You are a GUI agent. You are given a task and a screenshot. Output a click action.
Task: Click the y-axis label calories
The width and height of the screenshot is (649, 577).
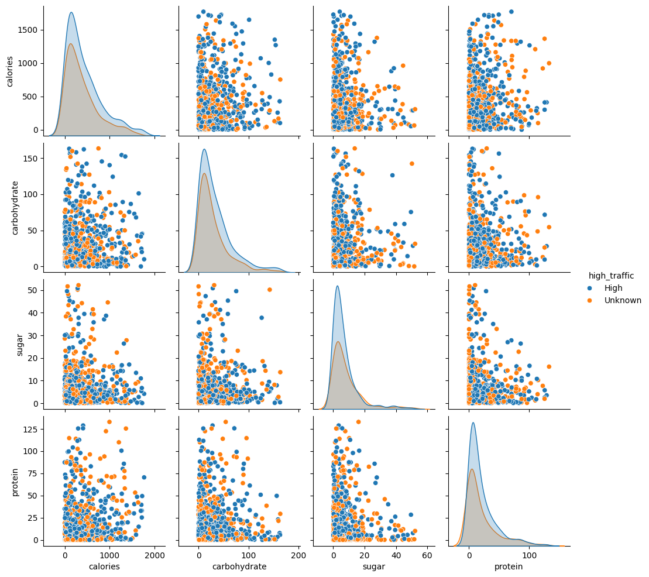pos(10,71)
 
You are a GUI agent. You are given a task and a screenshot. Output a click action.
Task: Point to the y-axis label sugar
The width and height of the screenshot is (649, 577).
pos(20,346)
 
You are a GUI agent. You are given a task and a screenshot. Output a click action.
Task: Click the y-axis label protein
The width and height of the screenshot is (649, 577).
pos(16,481)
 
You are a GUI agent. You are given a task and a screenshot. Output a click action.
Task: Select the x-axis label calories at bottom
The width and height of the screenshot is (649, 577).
pos(105,566)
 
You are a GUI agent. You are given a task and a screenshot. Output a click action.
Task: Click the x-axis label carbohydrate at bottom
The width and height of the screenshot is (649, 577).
pos(239,566)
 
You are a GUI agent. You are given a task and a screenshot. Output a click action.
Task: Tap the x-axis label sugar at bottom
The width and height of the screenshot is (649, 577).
pos(374,566)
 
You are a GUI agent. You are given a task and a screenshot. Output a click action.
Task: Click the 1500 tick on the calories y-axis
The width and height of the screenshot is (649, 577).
pos(27,30)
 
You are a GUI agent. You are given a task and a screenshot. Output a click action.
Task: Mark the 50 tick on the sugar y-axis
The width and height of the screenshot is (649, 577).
pos(32,290)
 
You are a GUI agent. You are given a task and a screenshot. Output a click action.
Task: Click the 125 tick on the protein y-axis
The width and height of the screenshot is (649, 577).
pos(29,429)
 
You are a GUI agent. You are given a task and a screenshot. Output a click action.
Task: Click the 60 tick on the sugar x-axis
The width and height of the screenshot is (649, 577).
pos(427,554)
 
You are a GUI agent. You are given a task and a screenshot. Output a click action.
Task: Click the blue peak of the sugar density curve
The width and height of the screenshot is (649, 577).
pos(338,286)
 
